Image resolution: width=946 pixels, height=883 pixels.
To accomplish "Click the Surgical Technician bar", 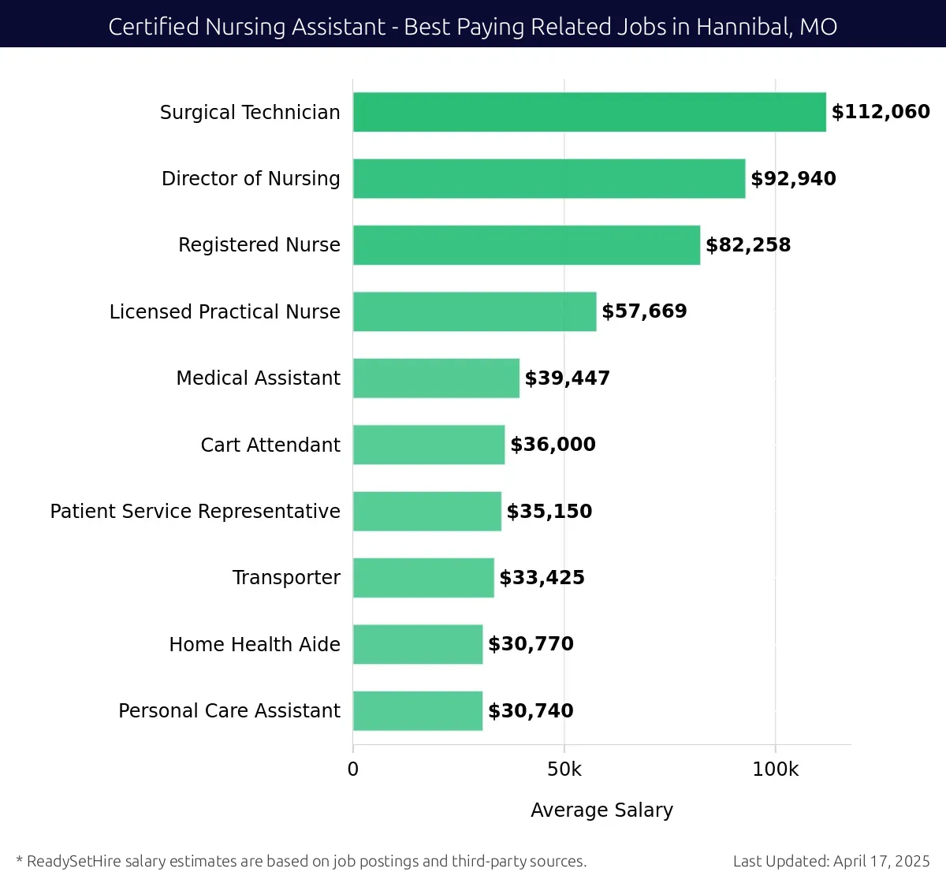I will point(589,112).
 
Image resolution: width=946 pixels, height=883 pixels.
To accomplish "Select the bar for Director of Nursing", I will point(549,179).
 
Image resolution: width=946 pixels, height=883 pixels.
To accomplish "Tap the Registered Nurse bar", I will point(526,245).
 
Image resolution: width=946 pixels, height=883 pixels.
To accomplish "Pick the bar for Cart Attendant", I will point(429,445).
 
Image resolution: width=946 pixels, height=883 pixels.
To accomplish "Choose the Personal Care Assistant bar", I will point(418,711).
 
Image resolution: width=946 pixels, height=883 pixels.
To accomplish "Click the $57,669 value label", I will point(644,311).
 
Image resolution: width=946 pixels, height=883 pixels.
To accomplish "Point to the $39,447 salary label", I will point(567,378).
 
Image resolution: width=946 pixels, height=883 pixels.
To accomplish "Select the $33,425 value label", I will point(542,578).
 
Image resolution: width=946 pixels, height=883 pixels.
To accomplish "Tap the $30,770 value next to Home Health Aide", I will point(531,644).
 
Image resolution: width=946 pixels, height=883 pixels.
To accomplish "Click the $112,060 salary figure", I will point(881,112).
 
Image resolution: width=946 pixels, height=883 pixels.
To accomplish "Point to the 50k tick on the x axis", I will point(564,769).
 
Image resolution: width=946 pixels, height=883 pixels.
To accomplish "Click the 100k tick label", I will point(775,769).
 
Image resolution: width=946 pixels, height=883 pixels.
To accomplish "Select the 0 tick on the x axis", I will point(353,769).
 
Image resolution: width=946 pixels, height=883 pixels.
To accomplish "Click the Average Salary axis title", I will point(601,810).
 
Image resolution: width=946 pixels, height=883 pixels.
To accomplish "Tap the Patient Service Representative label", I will point(195,512).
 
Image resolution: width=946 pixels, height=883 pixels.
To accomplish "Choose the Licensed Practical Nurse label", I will point(225,312).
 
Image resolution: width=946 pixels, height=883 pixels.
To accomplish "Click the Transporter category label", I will point(286,578).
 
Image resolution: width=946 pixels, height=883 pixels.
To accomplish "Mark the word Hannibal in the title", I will point(744,27).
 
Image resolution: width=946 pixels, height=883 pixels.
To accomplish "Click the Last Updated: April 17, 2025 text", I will point(831,861).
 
